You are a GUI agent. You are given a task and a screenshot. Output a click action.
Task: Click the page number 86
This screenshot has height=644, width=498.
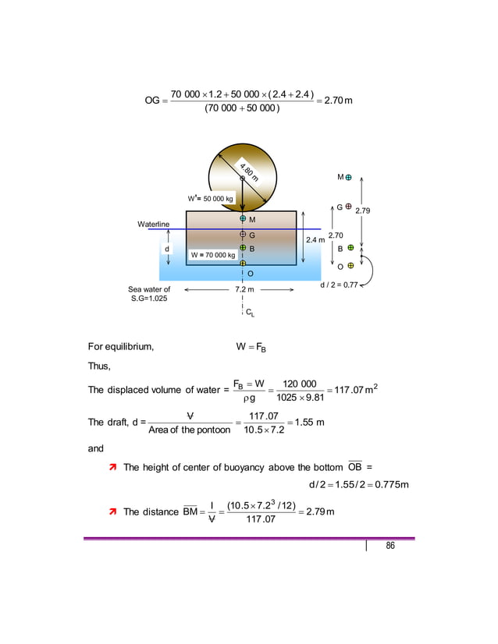click(390, 546)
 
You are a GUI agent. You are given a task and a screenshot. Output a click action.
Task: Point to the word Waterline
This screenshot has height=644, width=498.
click(154, 225)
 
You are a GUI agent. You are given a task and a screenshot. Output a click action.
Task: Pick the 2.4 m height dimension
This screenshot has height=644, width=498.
click(315, 240)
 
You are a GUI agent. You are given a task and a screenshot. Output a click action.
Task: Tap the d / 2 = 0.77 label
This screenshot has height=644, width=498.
click(340, 285)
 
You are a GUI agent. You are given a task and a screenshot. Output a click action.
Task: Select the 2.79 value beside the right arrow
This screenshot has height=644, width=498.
click(363, 211)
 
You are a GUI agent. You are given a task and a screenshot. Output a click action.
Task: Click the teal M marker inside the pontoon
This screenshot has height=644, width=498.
click(244, 219)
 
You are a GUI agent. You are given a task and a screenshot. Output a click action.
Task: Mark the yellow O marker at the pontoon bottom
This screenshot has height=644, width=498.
click(244, 264)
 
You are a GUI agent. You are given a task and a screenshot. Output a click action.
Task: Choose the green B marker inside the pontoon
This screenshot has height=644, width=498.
click(244, 247)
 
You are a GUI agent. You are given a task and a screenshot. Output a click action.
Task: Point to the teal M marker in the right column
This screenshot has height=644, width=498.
click(348, 178)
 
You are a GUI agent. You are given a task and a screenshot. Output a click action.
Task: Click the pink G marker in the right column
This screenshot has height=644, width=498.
click(348, 207)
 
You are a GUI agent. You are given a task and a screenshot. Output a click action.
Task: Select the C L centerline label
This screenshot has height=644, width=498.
click(249, 313)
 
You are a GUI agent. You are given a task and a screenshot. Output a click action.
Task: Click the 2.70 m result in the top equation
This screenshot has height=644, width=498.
click(340, 101)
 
